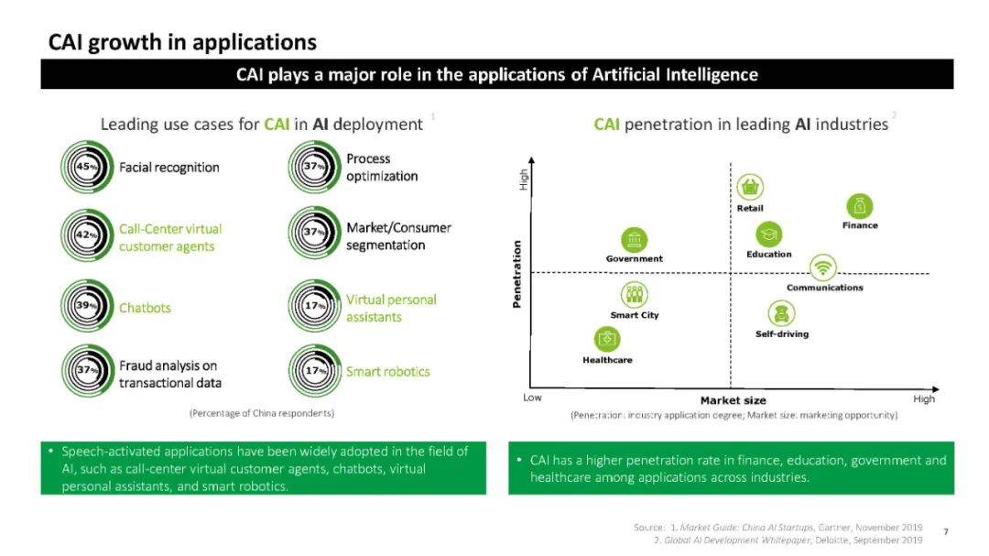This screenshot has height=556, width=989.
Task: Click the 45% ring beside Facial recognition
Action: pos(85,167)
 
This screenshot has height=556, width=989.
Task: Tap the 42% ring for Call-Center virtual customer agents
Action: pos(85,235)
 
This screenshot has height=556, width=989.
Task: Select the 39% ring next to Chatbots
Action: pos(85,307)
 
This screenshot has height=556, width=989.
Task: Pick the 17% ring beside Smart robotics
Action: pos(314,371)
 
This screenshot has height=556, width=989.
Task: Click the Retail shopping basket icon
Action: pos(750,188)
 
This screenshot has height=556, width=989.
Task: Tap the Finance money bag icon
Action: pos(859,206)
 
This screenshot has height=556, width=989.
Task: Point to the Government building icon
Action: pos(634,240)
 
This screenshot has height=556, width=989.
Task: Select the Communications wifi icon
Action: pos(823,267)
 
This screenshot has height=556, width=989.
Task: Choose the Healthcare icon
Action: pos(607,339)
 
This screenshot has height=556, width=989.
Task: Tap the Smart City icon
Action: pos(634,295)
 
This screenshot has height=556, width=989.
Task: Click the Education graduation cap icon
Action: pos(768,234)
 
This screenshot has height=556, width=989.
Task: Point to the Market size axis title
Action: pos(733,400)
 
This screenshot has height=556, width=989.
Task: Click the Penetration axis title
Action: pos(517,274)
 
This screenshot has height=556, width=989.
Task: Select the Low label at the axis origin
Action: pos(532,398)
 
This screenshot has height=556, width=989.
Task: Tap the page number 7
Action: pos(945,531)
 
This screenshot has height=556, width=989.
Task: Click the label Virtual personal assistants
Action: pos(391,308)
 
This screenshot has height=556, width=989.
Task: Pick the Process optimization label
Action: pos(382,167)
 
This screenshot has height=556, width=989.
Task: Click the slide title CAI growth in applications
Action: pos(182,42)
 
